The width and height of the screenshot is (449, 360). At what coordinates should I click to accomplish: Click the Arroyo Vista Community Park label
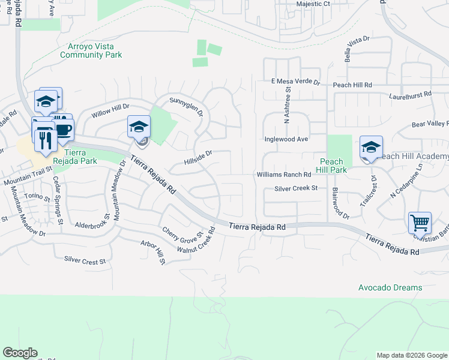[x=91, y=50]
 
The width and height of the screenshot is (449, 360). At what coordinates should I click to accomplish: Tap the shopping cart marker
[x=420, y=223]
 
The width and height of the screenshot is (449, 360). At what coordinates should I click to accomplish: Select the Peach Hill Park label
[x=331, y=166]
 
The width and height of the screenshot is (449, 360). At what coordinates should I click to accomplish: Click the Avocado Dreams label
[x=390, y=287]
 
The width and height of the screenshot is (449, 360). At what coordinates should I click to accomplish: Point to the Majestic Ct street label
[x=313, y=4]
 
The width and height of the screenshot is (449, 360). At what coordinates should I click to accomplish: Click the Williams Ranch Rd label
[x=284, y=175]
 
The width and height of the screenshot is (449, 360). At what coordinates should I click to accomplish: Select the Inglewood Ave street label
[x=286, y=139]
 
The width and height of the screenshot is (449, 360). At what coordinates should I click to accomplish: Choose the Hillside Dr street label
[x=199, y=157]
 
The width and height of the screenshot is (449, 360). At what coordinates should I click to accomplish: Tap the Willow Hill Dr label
[x=110, y=110]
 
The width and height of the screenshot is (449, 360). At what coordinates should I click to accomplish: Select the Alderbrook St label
[x=90, y=226]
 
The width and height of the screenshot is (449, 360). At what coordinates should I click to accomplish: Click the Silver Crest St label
[x=85, y=260]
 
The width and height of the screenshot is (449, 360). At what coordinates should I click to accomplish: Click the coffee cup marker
[x=63, y=128]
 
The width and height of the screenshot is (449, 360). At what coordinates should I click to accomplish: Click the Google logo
[x=20, y=353]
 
